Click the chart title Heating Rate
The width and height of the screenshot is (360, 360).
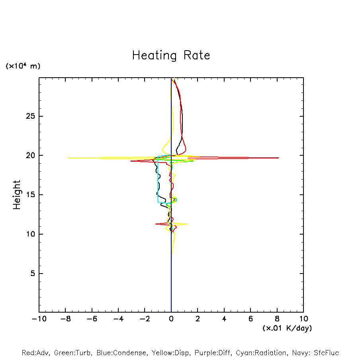pyautogui.click(x=171, y=55)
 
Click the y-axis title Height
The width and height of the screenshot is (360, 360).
pyautogui.click(x=17, y=195)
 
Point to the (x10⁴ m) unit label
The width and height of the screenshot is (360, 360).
pyautogui.click(x=23, y=66)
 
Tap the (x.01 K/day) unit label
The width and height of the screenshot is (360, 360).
pyautogui.click(x=287, y=328)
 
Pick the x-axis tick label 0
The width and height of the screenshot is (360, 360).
pyautogui.click(x=171, y=319)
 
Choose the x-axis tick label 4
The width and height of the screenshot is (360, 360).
pyautogui.click(x=224, y=319)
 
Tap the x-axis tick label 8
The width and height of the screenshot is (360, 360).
pyautogui.click(x=277, y=319)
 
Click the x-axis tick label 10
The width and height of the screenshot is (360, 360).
pyautogui.click(x=303, y=319)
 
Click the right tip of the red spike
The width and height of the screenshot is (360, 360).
pyautogui.click(x=278, y=158)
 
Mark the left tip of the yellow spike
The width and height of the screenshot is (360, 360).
pyautogui.click(x=68, y=158)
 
